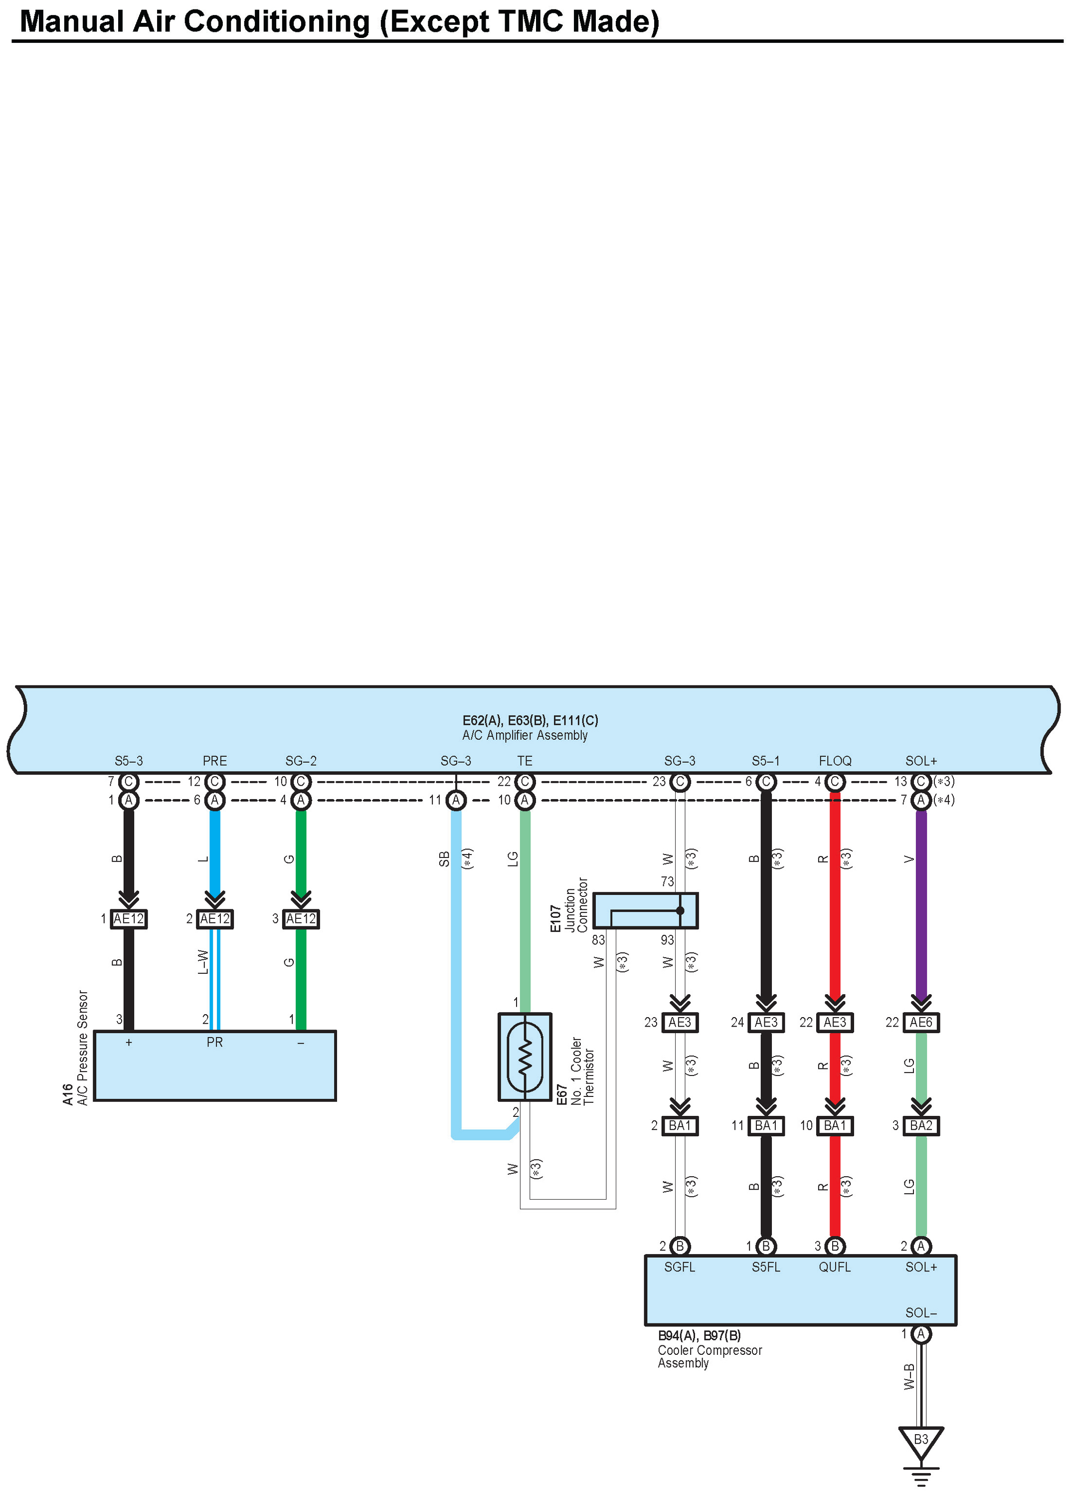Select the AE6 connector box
[920, 1023]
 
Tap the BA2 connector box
[920, 1126]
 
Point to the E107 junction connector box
[645, 910]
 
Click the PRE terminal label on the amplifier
[215, 761]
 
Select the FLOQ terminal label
[835, 761]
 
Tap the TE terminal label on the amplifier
[525, 761]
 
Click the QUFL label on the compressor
[835, 1267]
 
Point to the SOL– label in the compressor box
[920, 1312]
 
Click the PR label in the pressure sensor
[215, 1042]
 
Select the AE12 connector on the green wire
[301, 919]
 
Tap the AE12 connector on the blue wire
[215, 919]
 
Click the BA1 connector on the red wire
[835, 1126]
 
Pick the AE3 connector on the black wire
[766, 1023]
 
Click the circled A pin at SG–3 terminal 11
[455, 800]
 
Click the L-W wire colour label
[203, 962]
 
